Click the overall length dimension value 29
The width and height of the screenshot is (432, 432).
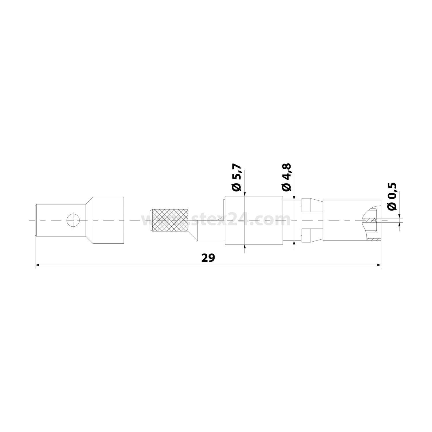pyautogui.click(x=208, y=258)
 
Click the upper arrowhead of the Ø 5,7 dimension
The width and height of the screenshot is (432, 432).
pyautogui.click(x=244, y=194)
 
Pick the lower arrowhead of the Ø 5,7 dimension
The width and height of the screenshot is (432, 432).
pyautogui.click(x=244, y=247)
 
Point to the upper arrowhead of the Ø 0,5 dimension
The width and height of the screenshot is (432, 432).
pyautogui.click(x=399, y=216)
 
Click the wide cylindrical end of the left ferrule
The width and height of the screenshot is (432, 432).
pyautogui.click(x=108, y=220)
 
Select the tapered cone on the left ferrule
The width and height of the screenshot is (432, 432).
pyautogui.click(x=88, y=220)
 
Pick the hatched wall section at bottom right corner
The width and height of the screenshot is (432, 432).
pyautogui.click(x=374, y=239)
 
